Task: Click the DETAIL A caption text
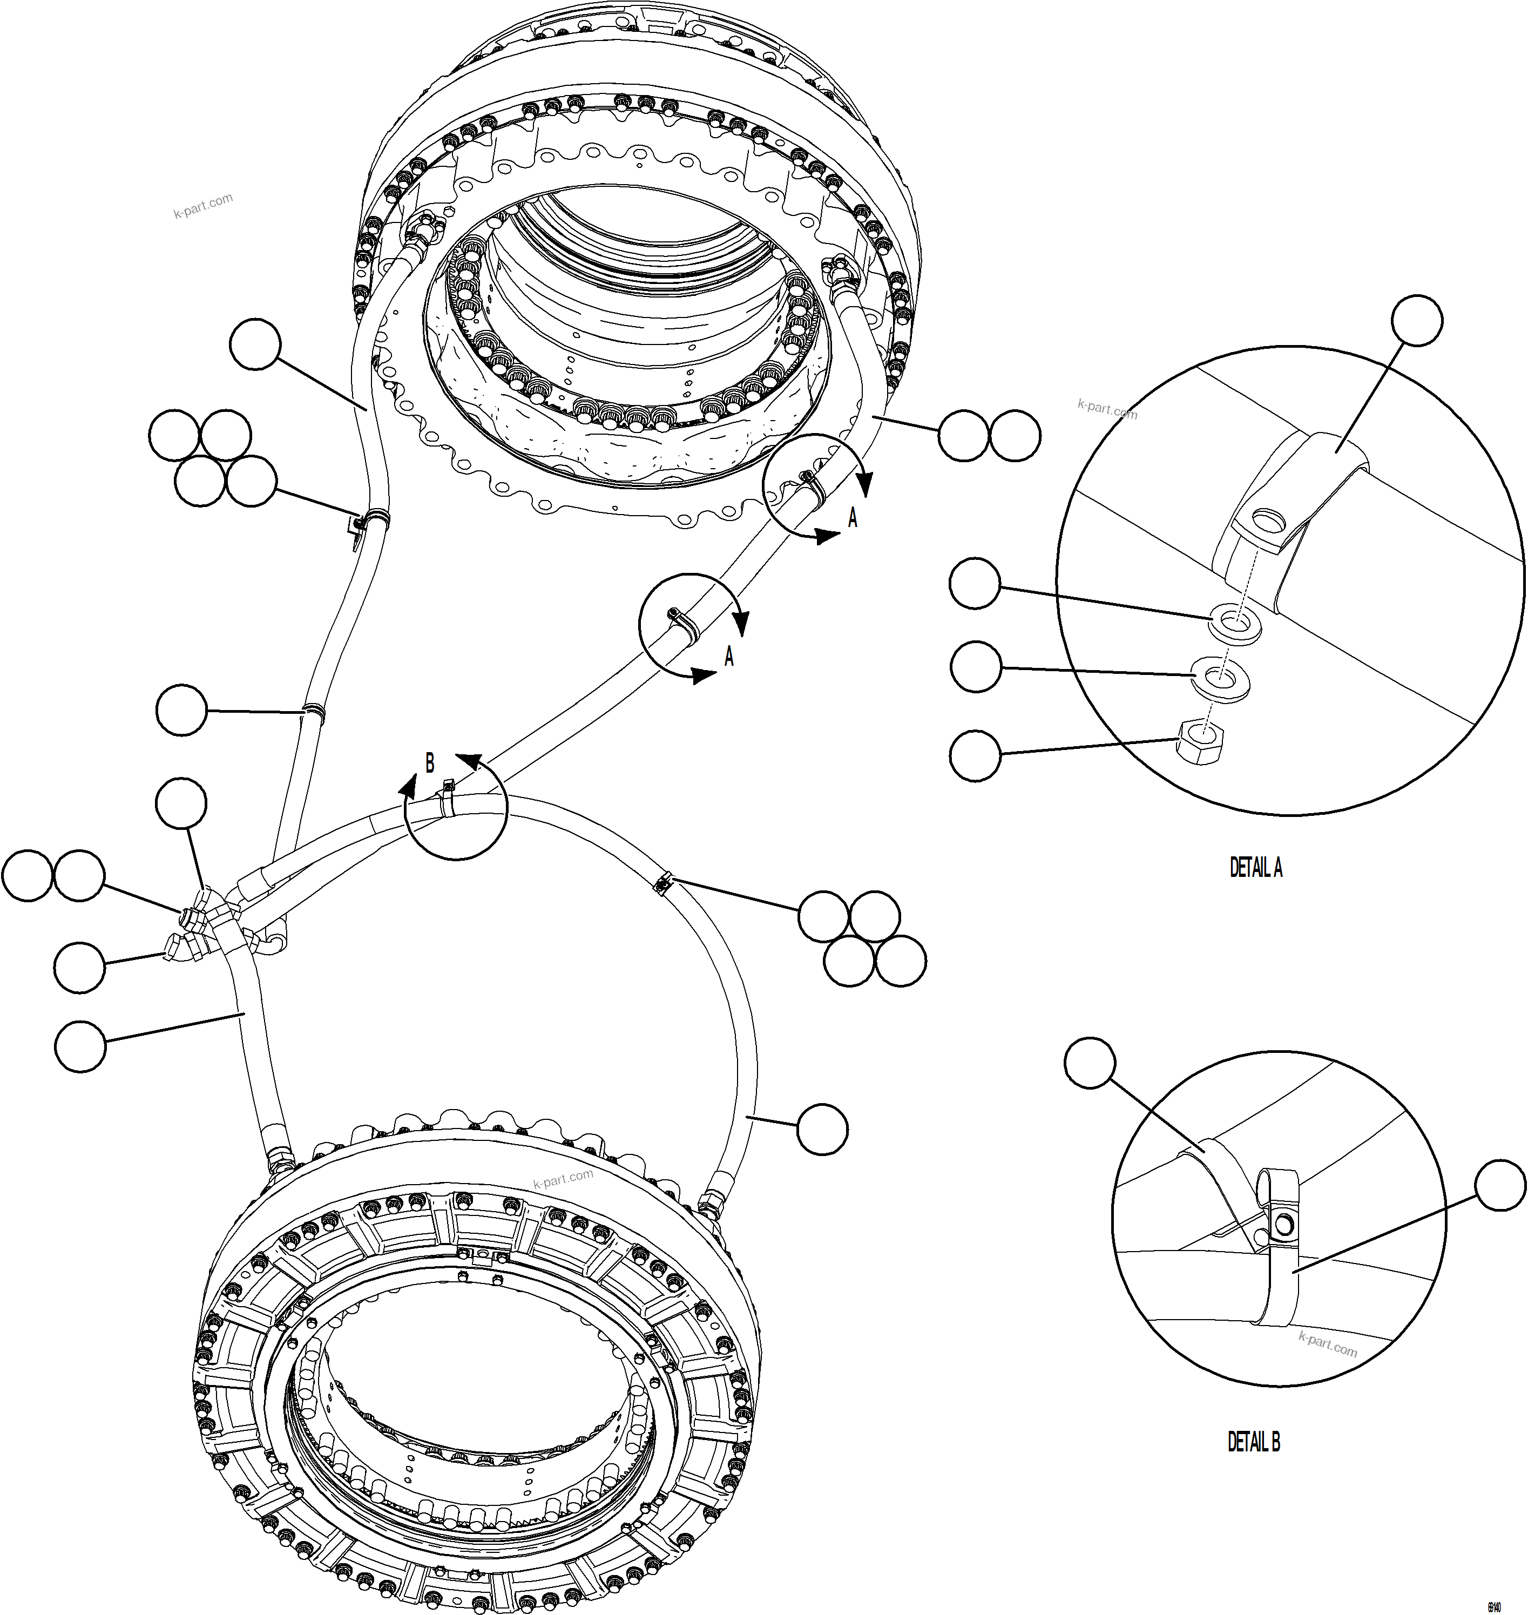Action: click(1255, 868)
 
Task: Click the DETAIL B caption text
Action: click(1254, 1442)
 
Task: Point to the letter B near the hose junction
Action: click(430, 763)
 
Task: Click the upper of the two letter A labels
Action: click(853, 517)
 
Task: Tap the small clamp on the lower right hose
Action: click(664, 883)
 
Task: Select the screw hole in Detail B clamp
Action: click(1284, 1223)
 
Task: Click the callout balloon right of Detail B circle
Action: click(1500, 1186)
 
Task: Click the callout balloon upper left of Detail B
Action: click(1090, 1062)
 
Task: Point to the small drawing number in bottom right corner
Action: click(1495, 1606)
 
